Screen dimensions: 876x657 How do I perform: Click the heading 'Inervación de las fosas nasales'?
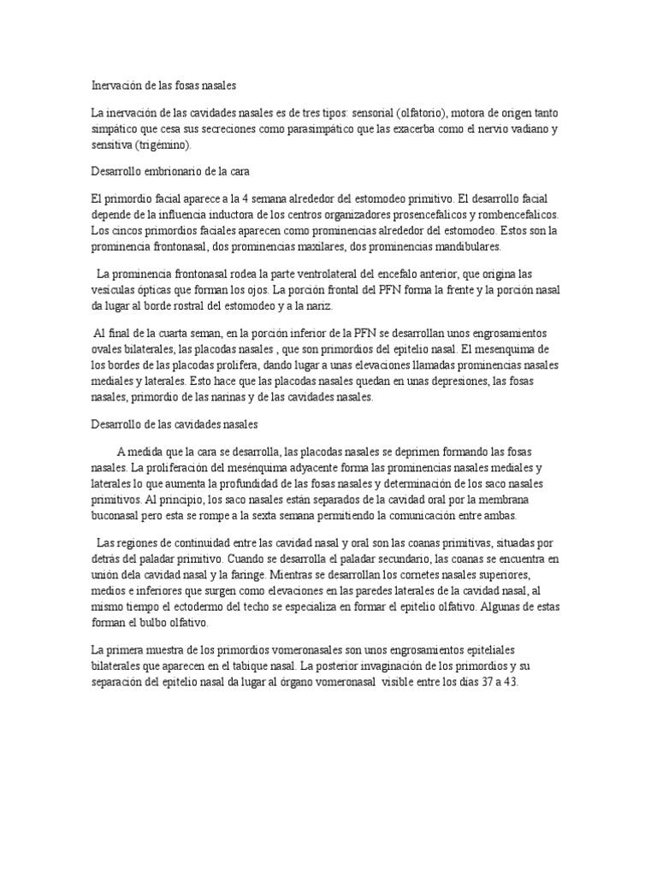[x=163, y=86]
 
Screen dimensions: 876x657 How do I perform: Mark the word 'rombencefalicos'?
[x=513, y=216]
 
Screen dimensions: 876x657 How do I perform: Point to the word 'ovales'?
[x=108, y=349]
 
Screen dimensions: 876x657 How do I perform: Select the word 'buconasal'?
[x=118, y=517]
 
